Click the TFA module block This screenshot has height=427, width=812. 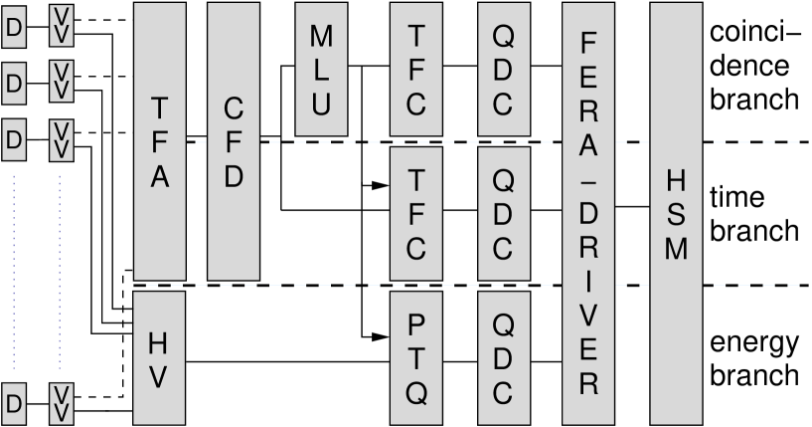click(x=159, y=140)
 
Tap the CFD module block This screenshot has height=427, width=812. click(x=234, y=140)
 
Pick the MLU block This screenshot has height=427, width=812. click(x=321, y=69)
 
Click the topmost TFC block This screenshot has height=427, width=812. click(x=416, y=69)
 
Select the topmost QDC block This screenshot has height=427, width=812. click(x=503, y=69)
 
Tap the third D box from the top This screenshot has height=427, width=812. click(x=14, y=138)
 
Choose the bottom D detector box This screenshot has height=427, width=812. click(x=14, y=402)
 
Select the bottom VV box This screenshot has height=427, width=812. click(x=61, y=402)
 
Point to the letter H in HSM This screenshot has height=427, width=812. click(x=676, y=180)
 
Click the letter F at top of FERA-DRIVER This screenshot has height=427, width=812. click(x=588, y=44)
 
